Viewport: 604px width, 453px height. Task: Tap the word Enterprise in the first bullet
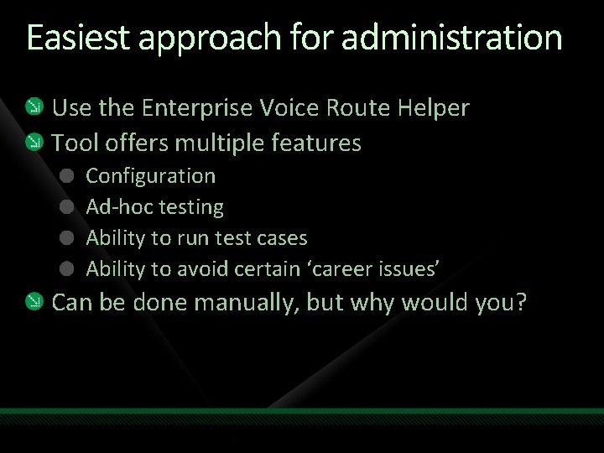198,108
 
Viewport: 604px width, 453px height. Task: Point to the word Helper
430,108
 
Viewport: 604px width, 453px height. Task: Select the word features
316,143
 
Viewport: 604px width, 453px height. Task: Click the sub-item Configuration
151,176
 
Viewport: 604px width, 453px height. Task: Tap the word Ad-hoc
115,207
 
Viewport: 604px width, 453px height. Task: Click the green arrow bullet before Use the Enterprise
34,108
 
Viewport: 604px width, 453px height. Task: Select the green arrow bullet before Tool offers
34,142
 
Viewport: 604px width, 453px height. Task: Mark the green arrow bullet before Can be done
34,302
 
